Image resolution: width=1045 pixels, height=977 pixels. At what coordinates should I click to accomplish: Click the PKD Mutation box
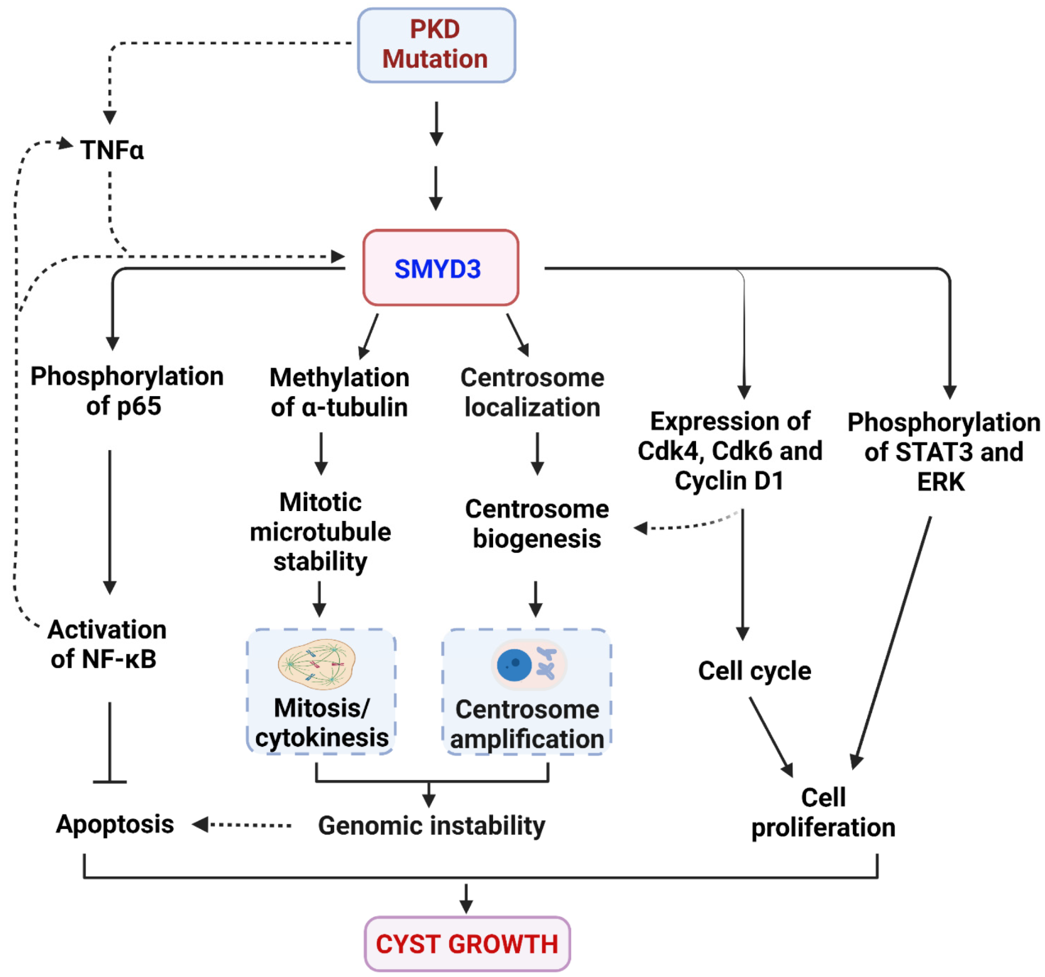pyautogui.click(x=436, y=45)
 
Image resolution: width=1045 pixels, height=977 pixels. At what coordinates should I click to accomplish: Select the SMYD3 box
pyautogui.click(x=441, y=268)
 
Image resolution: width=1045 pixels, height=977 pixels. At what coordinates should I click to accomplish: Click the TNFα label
pyautogui.click(x=112, y=150)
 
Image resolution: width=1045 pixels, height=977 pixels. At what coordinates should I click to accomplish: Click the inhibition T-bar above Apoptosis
pyautogui.click(x=110, y=781)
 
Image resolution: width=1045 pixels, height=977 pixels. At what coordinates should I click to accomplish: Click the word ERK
pyautogui.click(x=941, y=482)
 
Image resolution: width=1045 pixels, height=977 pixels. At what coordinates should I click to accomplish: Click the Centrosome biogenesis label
pyautogui.click(x=537, y=524)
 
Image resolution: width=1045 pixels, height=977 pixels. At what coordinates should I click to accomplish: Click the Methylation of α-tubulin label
pyautogui.click(x=339, y=392)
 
